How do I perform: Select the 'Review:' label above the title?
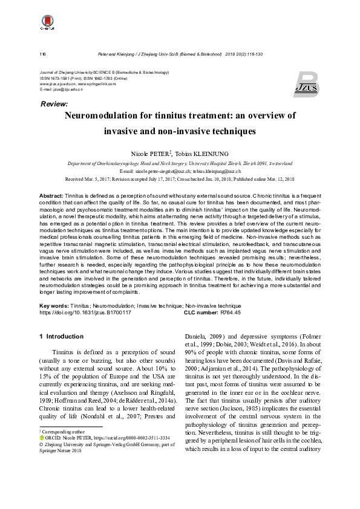54,105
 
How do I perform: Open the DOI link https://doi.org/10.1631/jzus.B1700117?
85,313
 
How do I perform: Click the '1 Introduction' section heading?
57,336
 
